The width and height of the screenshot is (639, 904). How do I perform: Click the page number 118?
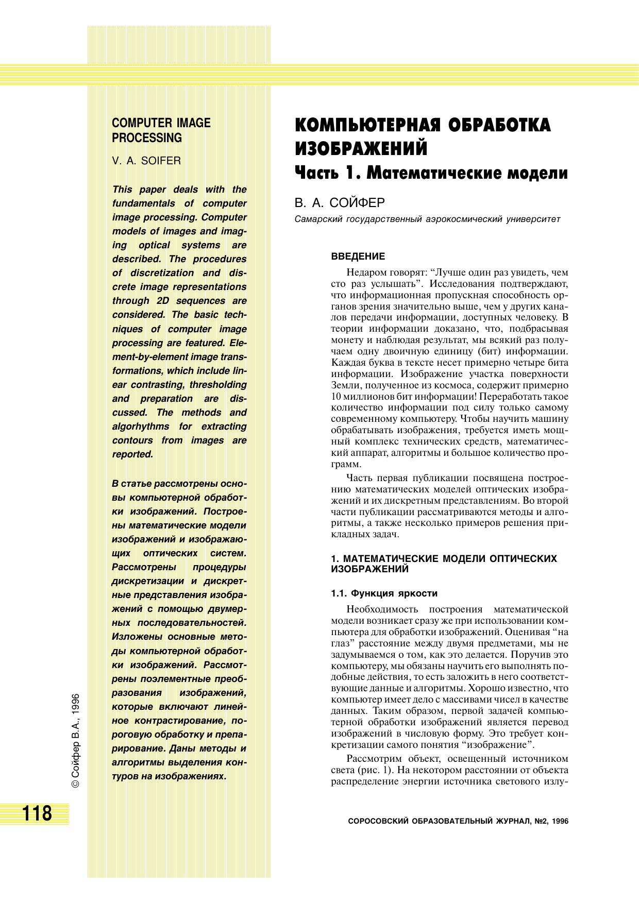[37, 813]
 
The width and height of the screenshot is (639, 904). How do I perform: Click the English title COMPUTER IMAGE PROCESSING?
[161, 130]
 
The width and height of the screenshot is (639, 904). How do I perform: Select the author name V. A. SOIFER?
[146, 161]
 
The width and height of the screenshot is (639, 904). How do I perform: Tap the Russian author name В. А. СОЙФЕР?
[340, 202]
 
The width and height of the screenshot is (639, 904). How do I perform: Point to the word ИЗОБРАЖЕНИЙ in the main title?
[361, 149]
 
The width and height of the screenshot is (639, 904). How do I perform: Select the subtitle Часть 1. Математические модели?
[431, 173]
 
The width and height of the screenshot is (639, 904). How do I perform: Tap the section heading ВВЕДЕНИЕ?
[358, 257]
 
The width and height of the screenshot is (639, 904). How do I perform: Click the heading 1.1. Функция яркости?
[384, 593]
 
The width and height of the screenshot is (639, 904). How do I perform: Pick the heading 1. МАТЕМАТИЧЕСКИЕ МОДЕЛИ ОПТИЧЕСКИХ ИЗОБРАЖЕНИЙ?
[443, 564]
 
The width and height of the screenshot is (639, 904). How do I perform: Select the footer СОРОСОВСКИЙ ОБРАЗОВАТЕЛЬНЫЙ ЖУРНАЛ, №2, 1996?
[458, 822]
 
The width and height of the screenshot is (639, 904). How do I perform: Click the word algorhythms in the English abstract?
[141, 427]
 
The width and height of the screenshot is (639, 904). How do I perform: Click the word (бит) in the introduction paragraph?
[485, 351]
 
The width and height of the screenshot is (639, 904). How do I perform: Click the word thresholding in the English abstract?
[218, 385]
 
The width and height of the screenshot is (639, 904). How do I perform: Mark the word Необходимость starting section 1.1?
[382, 609]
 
